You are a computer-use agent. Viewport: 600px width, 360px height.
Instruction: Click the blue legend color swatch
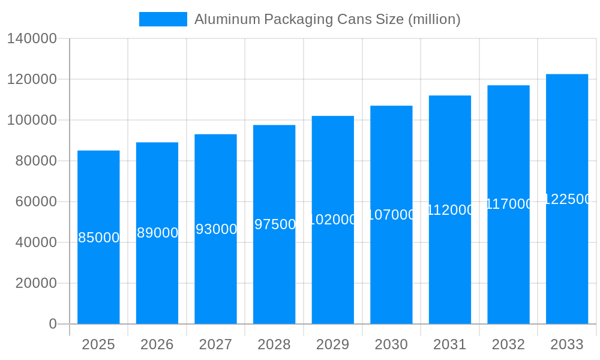[163, 19]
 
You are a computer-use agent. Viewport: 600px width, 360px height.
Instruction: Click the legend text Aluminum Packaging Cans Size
[327, 19]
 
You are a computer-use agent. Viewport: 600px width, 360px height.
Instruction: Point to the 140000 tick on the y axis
[32, 39]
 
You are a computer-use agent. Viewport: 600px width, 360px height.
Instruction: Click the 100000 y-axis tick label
[32, 120]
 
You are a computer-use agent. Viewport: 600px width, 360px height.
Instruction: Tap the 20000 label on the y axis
[36, 283]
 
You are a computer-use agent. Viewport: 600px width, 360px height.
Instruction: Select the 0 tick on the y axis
[53, 324]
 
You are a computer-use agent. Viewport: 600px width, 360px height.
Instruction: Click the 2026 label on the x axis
[157, 344]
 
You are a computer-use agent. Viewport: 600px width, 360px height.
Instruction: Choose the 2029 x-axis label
[332, 344]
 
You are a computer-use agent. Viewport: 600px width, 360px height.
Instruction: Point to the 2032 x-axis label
[508, 344]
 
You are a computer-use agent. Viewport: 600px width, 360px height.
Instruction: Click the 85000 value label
[98, 238]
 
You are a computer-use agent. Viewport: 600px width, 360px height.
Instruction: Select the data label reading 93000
[216, 229]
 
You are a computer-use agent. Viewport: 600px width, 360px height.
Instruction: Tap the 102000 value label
[333, 220]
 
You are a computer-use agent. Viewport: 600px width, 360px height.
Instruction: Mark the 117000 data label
[509, 204]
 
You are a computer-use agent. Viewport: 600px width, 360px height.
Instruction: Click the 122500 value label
[567, 199]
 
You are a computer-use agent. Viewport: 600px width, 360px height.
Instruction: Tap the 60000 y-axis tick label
[36, 202]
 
